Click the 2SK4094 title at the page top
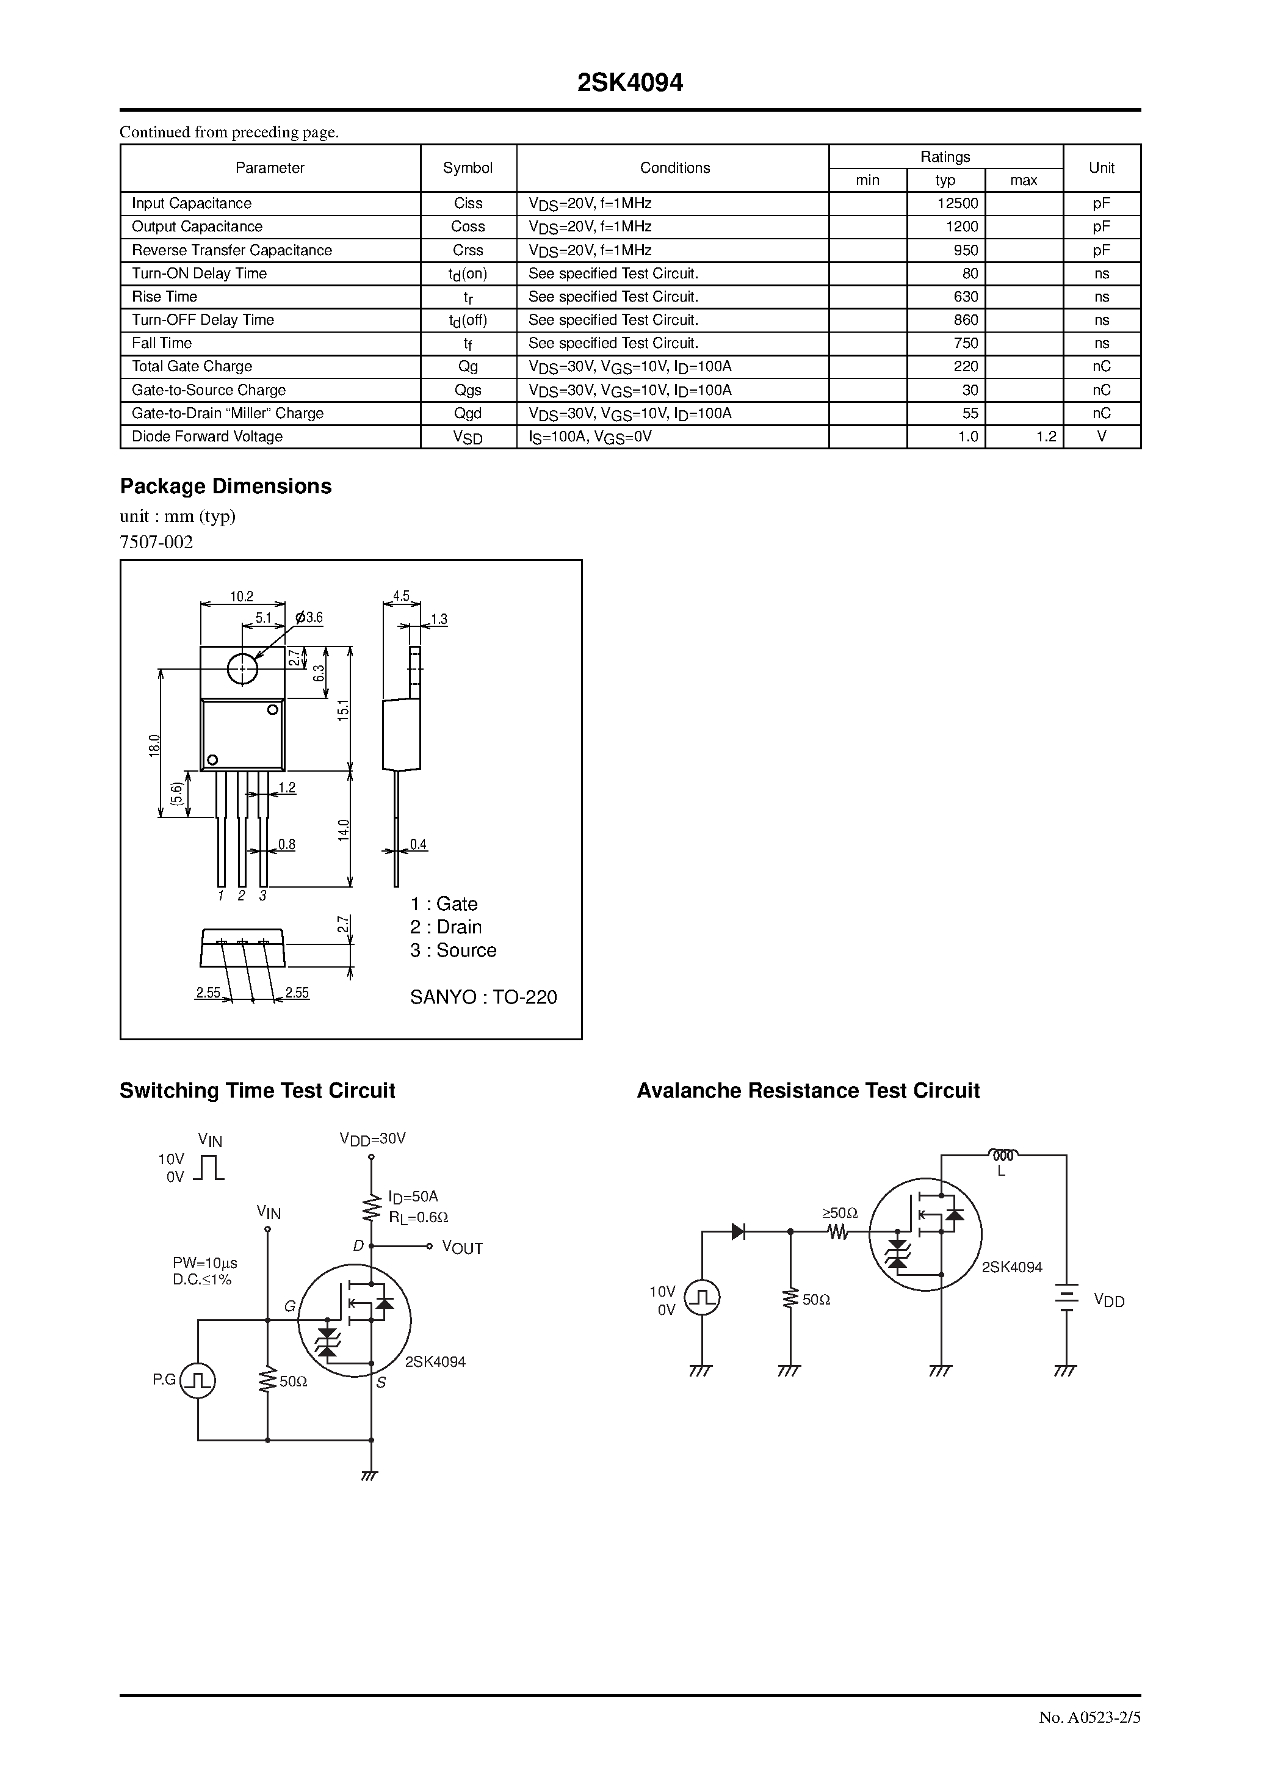point(630,83)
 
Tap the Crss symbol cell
point(468,250)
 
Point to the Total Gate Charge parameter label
point(192,367)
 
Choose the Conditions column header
point(674,168)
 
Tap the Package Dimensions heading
point(225,487)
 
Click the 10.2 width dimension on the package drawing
point(242,597)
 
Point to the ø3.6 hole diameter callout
point(309,618)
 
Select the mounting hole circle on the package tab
point(242,668)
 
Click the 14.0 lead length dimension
point(344,830)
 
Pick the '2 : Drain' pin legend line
point(446,927)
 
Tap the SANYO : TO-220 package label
point(483,997)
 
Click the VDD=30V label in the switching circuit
point(372,1139)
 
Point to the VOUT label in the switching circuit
point(462,1248)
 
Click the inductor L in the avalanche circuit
point(1003,1154)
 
